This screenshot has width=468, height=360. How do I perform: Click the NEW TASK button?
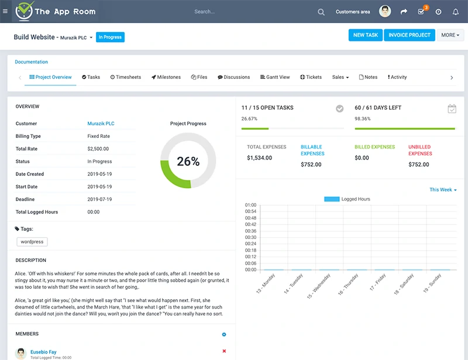(365, 35)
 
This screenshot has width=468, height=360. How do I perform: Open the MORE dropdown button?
(450, 35)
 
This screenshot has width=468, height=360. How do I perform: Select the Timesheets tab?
(126, 77)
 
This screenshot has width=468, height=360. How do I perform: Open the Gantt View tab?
(275, 77)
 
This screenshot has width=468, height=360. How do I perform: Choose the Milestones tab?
(166, 77)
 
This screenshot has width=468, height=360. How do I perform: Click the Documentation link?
(32, 62)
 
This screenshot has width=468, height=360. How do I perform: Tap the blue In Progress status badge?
(110, 37)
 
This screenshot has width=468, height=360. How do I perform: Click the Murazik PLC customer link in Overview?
(101, 123)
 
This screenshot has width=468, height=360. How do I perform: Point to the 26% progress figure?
(188, 161)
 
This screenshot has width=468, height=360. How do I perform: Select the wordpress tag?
(32, 241)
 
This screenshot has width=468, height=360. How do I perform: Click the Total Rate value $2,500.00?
(98, 148)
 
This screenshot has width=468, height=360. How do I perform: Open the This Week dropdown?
(443, 190)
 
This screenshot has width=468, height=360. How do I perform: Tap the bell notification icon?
(456, 12)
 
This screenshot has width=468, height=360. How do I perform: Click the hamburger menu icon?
(5, 11)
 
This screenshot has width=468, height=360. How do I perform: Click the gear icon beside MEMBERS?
(224, 334)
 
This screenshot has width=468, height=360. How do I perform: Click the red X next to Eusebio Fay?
(224, 351)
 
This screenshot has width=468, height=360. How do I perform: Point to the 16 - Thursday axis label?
(348, 284)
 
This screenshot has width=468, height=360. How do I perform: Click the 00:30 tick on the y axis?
(250, 237)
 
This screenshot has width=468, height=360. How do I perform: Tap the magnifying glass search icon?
(321, 12)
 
